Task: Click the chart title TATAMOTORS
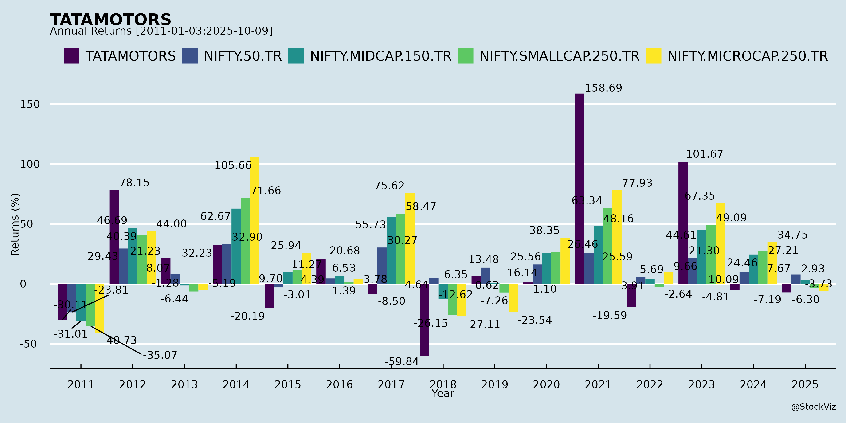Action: click(x=110, y=20)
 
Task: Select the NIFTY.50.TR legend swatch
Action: click(x=190, y=56)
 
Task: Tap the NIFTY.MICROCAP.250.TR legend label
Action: click(x=748, y=56)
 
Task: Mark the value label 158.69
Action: click(x=603, y=88)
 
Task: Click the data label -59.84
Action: click(x=402, y=362)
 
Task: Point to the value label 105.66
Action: click(x=233, y=165)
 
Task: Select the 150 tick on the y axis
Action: click(x=30, y=104)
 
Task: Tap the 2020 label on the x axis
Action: click(x=546, y=384)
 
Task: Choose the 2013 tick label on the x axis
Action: click(x=184, y=384)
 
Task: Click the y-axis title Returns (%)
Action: click(x=15, y=224)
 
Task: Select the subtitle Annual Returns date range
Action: click(x=161, y=31)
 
